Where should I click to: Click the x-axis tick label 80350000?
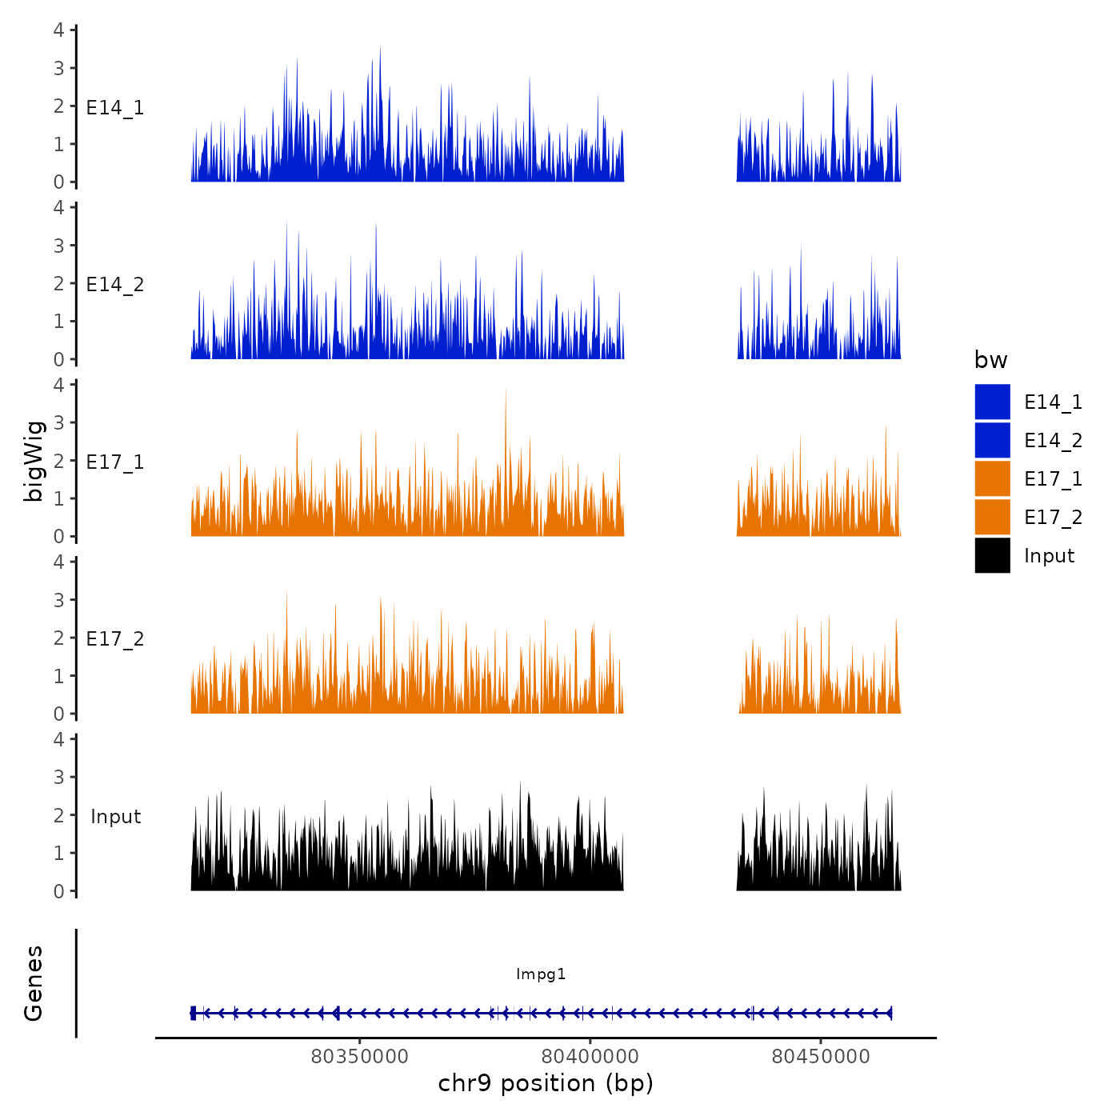point(359,1057)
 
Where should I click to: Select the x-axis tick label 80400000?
point(590,1057)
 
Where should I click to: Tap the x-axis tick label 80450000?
point(821,1057)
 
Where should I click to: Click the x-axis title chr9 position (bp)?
point(546,1084)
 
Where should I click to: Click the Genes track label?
point(34,983)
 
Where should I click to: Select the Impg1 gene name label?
point(541,974)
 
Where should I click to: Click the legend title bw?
point(990,361)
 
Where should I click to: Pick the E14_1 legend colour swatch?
point(992,402)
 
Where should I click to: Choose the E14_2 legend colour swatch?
point(992,440)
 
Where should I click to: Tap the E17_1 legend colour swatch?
point(992,478)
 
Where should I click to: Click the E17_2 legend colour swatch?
point(992,517)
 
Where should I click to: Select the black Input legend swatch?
point(992,555)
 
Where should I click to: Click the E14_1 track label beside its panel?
point(115,108)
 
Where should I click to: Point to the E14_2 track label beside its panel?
point(115,285)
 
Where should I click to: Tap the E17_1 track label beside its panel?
point(115,462)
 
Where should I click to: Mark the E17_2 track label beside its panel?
point(115,639)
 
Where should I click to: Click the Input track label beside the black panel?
point(115,817)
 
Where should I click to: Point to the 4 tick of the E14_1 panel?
point(59,30)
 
